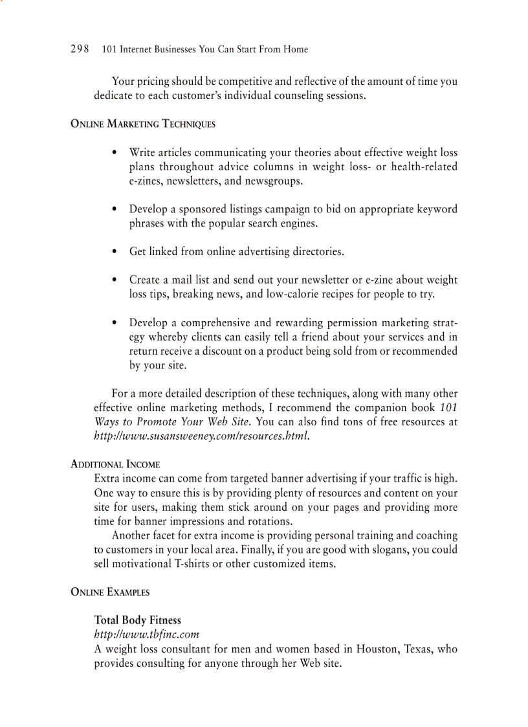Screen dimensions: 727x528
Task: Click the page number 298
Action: (80, 49)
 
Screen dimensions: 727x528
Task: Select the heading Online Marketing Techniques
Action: (142, 124)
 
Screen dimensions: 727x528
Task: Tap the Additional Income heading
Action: (115, 464)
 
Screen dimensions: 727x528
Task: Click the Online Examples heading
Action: (109, 592)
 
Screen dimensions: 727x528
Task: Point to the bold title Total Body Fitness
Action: (137, 620)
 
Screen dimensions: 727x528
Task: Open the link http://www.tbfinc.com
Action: (146, 634)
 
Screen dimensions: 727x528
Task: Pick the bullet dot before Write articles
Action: (114, 153)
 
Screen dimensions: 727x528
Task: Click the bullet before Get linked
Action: (114, 252)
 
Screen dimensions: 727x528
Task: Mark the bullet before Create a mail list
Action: (114, 280)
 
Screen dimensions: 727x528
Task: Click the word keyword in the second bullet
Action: (436, 209)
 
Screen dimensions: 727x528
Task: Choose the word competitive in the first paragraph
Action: (245, 82)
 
